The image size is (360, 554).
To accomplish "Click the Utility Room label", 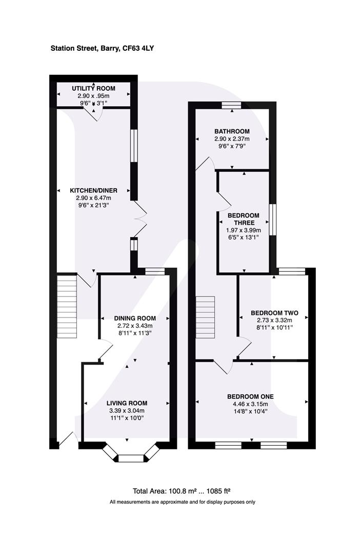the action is coord(93,88).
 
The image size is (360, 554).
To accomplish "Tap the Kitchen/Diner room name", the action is coord(93,190).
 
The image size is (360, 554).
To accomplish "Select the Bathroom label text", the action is coord(232,131).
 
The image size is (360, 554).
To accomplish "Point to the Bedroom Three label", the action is coord(244,219).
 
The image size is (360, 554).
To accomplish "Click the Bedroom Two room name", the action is coord(274,313).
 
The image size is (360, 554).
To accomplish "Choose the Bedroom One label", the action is coord(250,397).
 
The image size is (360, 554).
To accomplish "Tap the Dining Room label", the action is coord(135,318).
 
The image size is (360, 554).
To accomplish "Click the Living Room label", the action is coord(127,403).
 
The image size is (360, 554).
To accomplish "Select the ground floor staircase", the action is coord(67,306).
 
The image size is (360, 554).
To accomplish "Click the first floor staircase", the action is coord(206,318).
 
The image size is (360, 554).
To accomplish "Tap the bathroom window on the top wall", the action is coord(231,105).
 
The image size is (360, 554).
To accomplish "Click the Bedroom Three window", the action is coord(273,220).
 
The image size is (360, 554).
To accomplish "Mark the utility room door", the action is coord(94,114).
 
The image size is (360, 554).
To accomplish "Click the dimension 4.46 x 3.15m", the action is coord(250,404).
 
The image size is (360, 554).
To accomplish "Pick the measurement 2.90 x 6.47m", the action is coord(93,198).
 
